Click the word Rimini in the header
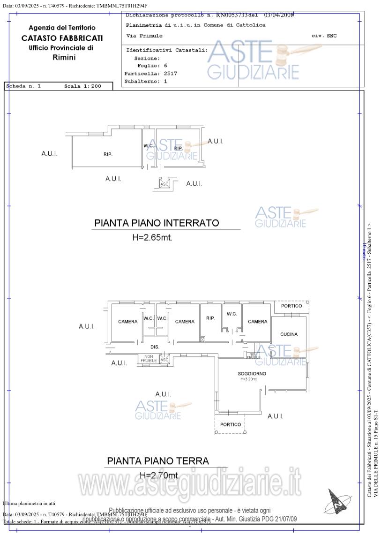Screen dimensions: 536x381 point(64,58)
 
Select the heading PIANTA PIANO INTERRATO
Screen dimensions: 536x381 point(157,223)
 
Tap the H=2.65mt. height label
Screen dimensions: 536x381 point(152,238)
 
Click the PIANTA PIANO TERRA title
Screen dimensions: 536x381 point(158,461)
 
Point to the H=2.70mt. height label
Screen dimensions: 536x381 point(159,476)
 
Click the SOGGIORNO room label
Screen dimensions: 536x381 point(252,373)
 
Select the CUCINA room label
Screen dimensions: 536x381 point(289,334)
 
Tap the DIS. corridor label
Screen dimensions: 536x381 point(155,347)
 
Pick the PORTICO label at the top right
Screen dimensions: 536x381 point(291,306)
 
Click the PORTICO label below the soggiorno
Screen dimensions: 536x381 point(231,424)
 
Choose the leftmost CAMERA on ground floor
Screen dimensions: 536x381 point(128,322)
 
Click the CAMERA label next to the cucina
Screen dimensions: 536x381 point(258,322)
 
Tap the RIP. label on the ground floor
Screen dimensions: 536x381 point(210,318)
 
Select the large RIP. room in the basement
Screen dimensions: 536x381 point(108,154)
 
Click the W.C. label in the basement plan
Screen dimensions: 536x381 point(149,146)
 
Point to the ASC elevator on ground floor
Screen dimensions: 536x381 point(164,360)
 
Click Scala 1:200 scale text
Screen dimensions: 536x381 point(82,86)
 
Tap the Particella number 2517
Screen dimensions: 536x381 point(170,74)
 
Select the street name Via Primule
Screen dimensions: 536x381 point(144,36)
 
